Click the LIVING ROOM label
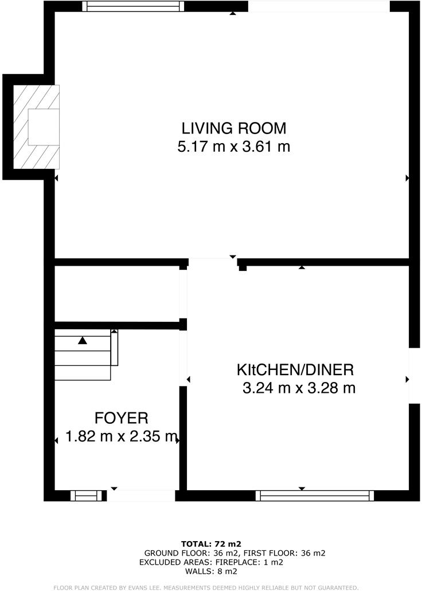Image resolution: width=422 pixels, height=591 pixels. point(234,128)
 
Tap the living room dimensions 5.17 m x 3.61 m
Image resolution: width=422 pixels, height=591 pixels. point(234,147)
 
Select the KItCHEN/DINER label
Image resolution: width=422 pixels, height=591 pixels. point(296,369)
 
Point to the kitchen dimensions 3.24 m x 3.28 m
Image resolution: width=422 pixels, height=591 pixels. point(299,388)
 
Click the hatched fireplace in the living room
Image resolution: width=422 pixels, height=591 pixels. point(37,127)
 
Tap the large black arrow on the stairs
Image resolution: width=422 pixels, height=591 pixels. point(83,340)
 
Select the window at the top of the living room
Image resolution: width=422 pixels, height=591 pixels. point(133,6)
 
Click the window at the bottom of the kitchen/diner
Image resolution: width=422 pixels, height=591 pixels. point(315,495)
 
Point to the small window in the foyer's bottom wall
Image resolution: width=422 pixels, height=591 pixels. point(89,495)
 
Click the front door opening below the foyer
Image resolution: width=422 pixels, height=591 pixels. point(141,495)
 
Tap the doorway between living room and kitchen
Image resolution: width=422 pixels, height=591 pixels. point(212,263)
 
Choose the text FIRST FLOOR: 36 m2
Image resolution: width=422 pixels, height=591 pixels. point(284,553)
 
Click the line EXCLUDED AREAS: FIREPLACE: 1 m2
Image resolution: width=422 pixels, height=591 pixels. point(211,562)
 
